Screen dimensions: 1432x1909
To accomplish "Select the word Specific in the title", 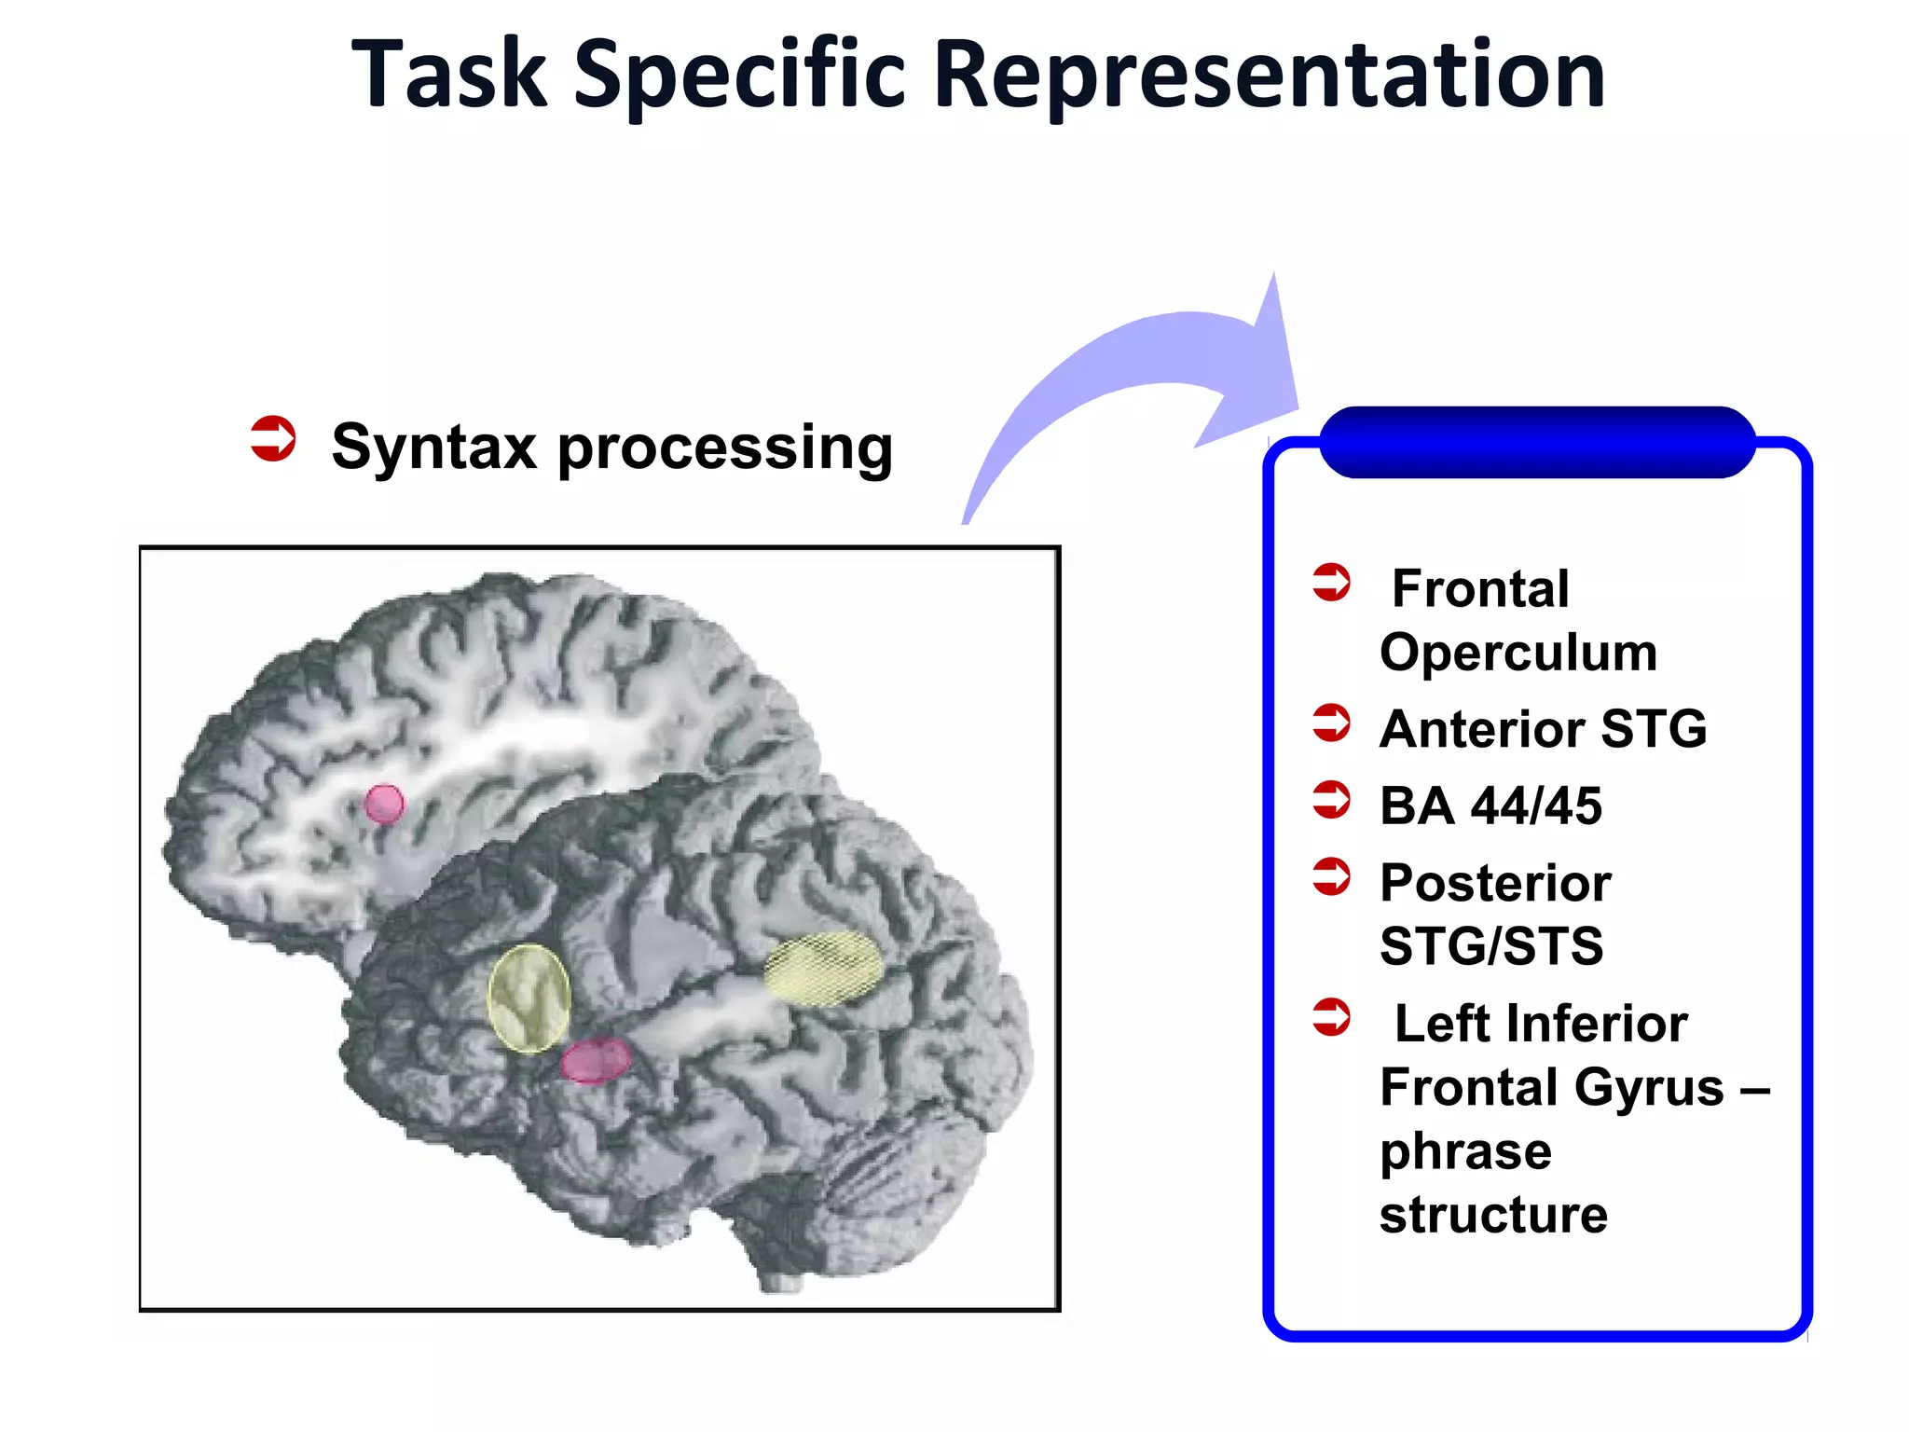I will coord(740,76).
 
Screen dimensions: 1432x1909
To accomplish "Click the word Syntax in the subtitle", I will coord(433,447).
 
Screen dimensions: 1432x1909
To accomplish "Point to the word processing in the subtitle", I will coord(725,449).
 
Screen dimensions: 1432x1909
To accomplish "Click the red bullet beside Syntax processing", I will coord(273,438).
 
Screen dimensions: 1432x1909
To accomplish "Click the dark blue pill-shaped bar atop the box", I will coord(1537,442).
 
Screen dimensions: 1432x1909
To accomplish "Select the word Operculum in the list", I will coord(1518,653).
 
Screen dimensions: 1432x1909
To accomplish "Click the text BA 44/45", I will coord(1490,805).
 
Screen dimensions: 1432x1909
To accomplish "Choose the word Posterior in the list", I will coord(1495,883).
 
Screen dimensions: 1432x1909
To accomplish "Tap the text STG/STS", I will coord(1491,946).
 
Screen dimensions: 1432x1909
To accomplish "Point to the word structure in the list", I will coord(1493,1215).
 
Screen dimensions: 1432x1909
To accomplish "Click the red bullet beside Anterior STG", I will coord(1331,723).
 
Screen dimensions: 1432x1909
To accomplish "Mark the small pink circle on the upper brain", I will coord(384,803).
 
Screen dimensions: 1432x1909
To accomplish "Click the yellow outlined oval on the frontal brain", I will coord(529,998).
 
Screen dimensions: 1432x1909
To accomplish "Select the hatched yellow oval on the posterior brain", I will coord(823,968).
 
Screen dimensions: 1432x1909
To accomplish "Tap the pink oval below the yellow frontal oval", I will coord(596,1060).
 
